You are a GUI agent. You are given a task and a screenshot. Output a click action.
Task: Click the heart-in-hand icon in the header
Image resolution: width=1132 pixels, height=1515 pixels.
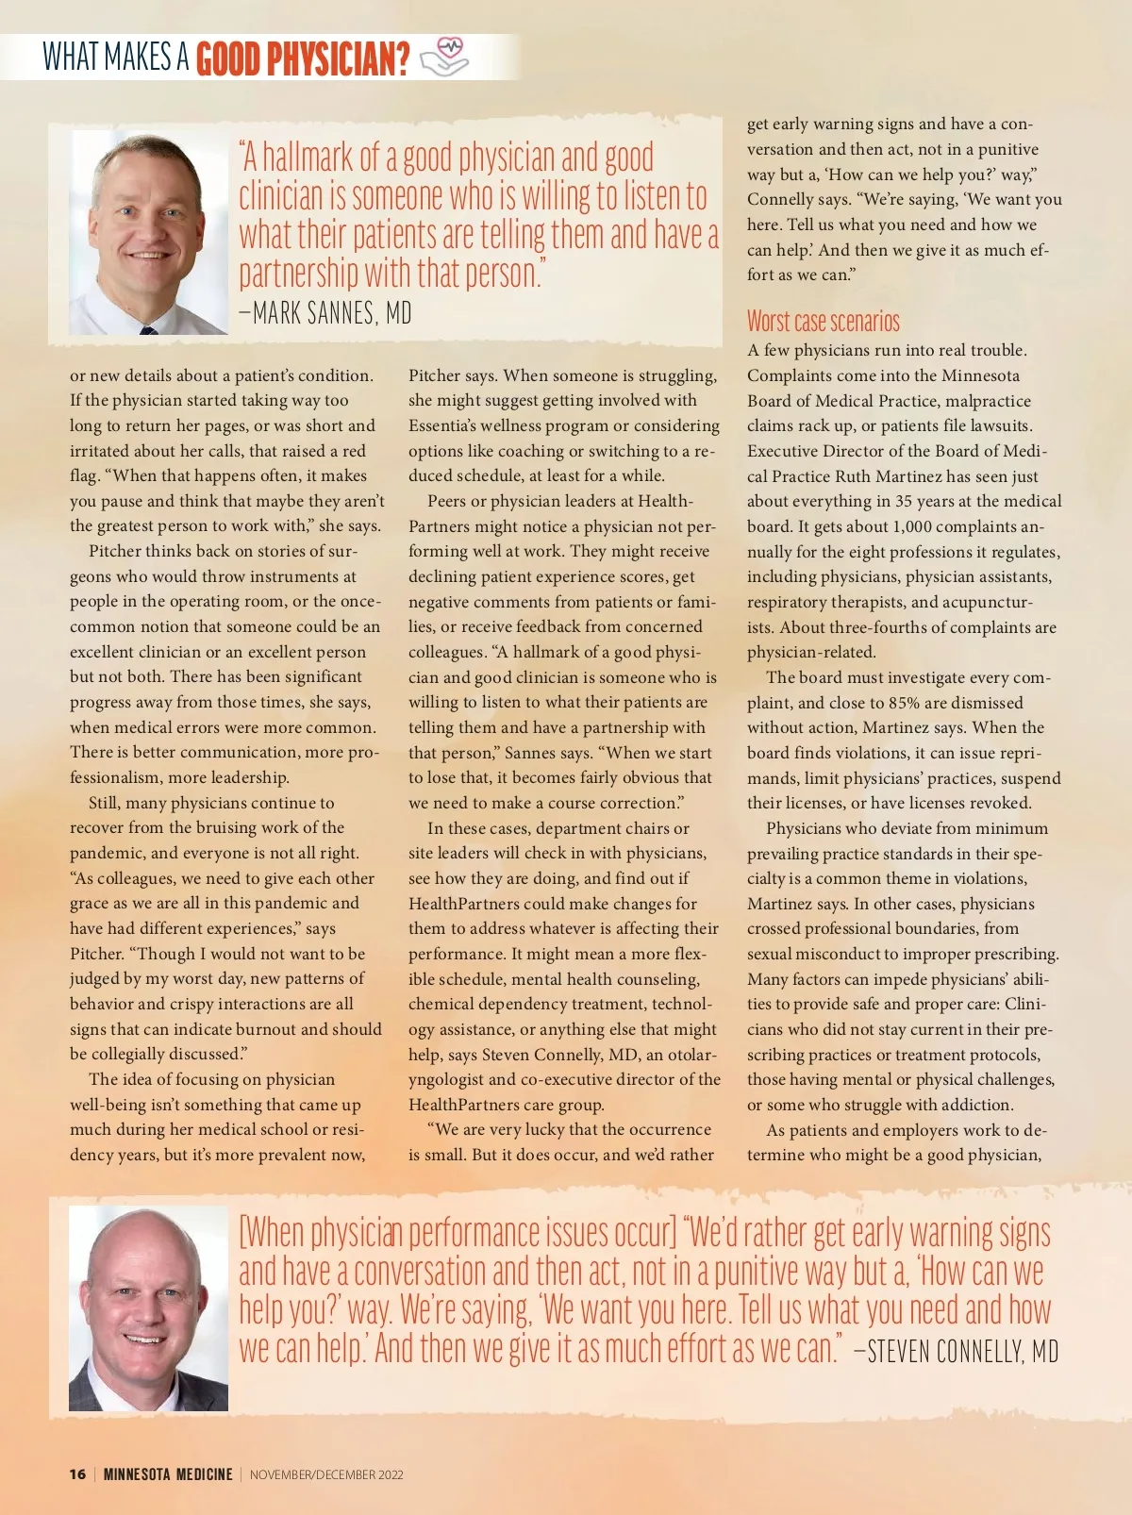444,57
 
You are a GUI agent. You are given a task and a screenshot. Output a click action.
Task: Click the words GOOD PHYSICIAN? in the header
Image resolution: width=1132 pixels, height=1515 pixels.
303,59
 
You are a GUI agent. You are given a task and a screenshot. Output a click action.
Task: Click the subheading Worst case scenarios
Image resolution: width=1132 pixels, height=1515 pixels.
823,322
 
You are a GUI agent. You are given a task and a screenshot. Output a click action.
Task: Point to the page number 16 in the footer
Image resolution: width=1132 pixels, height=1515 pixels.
77,1474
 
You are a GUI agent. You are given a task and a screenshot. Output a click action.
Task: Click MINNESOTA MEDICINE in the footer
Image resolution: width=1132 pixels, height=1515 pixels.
168,1474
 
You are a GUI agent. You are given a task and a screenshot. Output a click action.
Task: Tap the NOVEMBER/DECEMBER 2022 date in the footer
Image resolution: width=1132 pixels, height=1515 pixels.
326,1474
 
